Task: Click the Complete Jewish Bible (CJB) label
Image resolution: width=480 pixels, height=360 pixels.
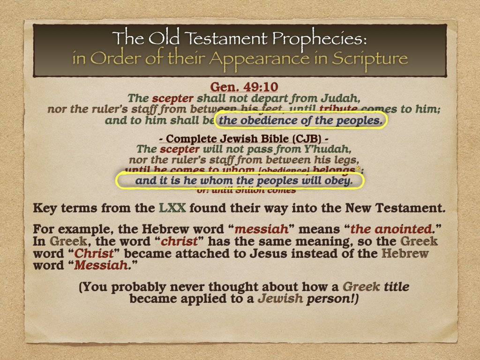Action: [x=240, y=139]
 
